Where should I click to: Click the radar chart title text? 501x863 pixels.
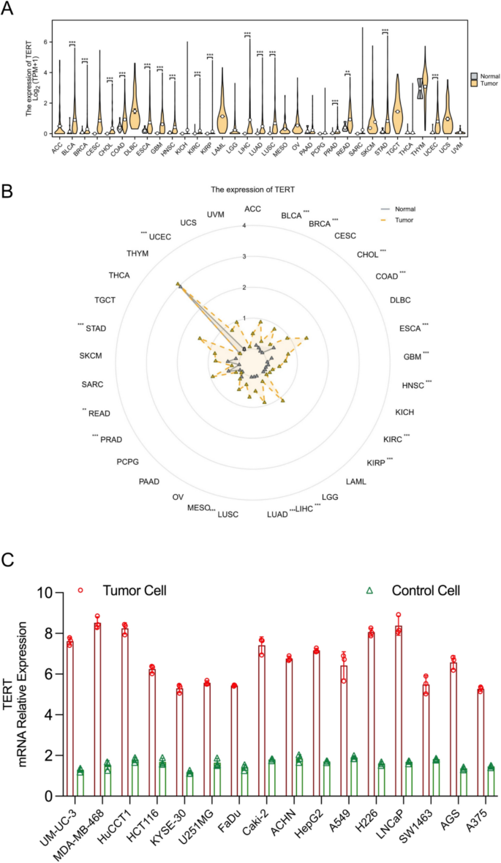click(x=252, y=189)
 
